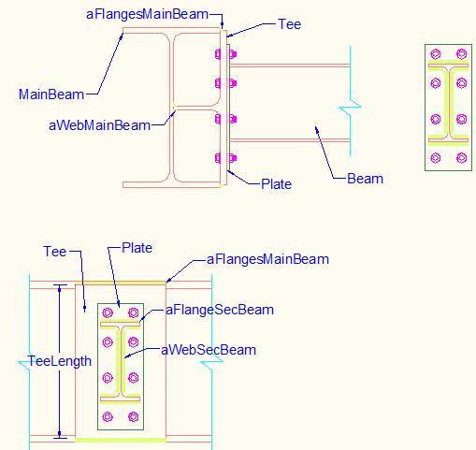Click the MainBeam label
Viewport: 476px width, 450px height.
point(51,94)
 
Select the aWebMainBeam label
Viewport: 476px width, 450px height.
point(100,125)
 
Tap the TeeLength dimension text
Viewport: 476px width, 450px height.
point(60,361)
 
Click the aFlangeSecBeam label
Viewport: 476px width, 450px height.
point(220,310)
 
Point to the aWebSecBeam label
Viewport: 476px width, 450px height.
point(209,350)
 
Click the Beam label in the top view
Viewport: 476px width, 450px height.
point(365,179)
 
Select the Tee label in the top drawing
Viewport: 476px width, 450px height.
point(290,24)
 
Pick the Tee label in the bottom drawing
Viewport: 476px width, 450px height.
point(55,252)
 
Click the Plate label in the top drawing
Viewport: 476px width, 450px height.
point(276,184)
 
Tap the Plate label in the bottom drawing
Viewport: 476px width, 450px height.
point(137,248)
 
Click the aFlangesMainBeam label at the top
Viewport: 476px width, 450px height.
point(147,14)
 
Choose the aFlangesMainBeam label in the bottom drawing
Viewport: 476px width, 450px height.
point(267,259)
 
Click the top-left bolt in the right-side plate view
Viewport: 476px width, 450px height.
point(436,54)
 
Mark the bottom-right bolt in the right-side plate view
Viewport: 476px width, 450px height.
point(461,158)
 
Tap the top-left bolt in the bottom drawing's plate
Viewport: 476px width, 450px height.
point(108,312)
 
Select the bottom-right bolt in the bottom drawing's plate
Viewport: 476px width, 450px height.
point(134,416)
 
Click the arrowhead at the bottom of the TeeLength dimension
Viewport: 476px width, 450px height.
point(60,434)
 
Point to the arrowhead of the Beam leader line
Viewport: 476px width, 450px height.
point(317,129)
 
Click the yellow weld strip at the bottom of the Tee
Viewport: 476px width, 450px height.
point(121,440)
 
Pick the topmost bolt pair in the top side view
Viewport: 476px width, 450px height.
point(225,54)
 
